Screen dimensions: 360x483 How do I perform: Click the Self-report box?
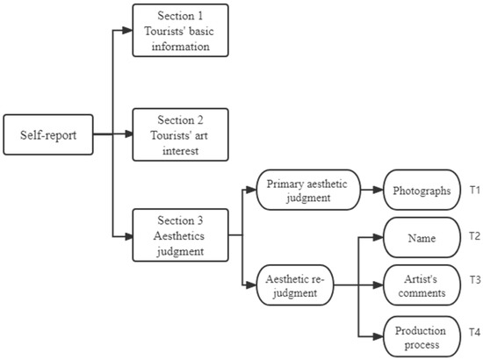[x=48, y=135]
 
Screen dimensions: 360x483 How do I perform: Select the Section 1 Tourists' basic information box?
[x=180, y=31]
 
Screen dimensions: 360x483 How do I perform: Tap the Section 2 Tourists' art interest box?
[x=180, y=134]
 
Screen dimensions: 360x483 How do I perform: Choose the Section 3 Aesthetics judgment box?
[x=180, y=234]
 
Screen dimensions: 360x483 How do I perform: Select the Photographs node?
[x=422, y=190]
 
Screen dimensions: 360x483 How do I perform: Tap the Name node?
[x=422, y=237]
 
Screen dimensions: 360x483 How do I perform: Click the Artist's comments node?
[x=422, y=284]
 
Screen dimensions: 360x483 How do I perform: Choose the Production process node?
[x=422, y=336]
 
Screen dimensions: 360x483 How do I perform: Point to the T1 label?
[x=474, y=190]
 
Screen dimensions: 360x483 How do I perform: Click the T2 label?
[x=474, y=237]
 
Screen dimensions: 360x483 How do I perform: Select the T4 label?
[x=474, y=332]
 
